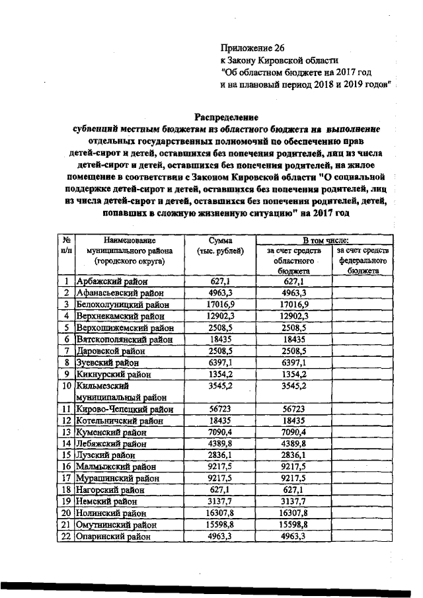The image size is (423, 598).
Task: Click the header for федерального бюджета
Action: [x=362, y=261]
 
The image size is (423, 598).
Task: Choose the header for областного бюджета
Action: [x=294, y=261]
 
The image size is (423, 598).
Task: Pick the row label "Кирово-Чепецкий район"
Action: [x=120, y=410]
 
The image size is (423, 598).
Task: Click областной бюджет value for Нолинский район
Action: [x=294, y=513]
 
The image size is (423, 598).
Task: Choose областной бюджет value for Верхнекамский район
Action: [x=294, y=316]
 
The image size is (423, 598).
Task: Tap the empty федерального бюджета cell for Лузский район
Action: [x=362, y=455]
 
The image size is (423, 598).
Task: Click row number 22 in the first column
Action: [x=66, y=536]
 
